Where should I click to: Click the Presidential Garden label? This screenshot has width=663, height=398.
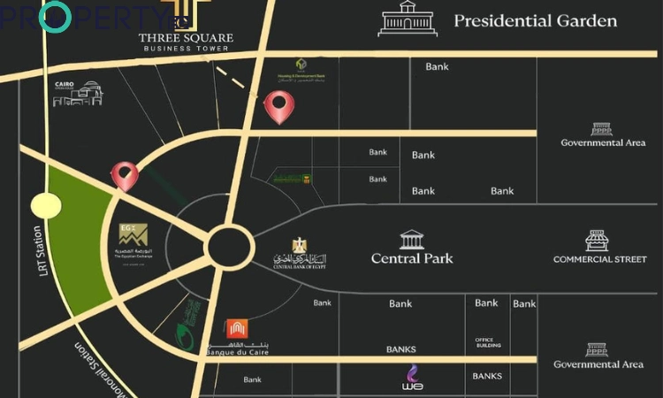point(535,20)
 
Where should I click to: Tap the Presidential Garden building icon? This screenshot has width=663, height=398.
point(408,19)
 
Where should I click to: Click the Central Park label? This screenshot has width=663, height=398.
point(412,258)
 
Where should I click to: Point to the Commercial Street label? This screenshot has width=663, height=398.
point(599,259)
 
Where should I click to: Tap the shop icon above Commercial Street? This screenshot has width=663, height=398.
point(598,240)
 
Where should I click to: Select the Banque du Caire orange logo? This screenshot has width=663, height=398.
point(237,330)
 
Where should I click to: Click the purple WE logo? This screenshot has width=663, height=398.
point(412,376)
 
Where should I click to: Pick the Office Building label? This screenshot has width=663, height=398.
point(488,342)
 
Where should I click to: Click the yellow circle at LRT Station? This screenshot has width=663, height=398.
point(45,206)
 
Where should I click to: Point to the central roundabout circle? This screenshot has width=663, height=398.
point(230,243)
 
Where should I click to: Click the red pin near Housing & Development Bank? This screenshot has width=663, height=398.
point(279,108)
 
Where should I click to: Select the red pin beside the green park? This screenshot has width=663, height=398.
point(125,175)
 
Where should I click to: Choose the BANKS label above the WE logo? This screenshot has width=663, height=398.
point(400,349)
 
